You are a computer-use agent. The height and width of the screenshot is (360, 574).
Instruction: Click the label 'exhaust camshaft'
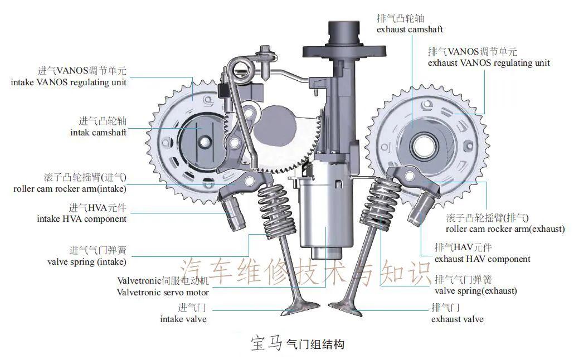[410, 29]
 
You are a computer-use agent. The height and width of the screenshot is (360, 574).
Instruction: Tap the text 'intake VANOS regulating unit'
[69, 82]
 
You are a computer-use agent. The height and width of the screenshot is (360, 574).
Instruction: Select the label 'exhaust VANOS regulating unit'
[489, 63]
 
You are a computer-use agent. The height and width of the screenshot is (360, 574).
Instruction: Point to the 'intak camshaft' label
[98, 133]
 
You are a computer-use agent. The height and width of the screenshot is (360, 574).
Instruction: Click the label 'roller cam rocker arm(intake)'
[70, 188]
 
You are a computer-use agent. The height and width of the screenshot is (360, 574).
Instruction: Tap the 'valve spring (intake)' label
[87, 261]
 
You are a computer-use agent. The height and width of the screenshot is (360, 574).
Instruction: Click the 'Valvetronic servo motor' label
[163, 292]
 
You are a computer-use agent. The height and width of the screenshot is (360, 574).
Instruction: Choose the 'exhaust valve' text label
[457, 319]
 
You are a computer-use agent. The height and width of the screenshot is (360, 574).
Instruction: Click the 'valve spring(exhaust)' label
[475, 290]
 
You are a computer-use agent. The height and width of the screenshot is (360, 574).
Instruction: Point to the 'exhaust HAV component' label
[482, 259]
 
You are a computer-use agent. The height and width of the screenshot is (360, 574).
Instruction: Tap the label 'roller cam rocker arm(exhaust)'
[505, 228]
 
